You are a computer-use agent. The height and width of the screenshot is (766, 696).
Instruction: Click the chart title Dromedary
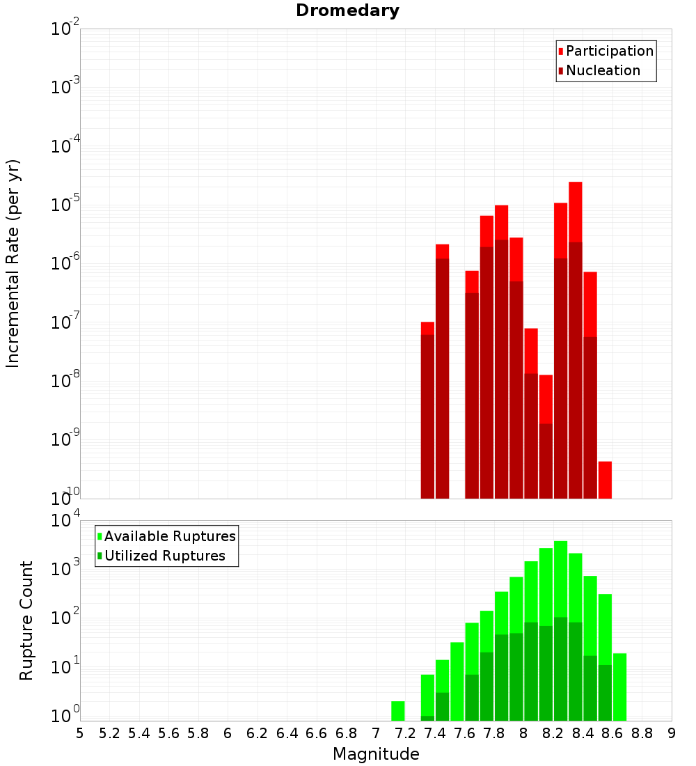(x=347, y=10)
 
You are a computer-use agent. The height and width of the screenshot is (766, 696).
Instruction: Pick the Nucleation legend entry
(x=602, y=70)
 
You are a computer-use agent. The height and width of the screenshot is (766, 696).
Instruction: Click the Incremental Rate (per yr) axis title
(x=13, y=264)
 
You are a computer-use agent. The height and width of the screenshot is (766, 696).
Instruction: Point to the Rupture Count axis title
(x=26, y=620)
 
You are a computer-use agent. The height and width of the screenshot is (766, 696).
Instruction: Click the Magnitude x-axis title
(x=376, y=754)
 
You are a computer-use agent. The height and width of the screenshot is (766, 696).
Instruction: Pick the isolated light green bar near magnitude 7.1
(x=398, y=710)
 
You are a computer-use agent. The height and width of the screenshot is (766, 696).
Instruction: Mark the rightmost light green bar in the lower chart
(x=619, y=686)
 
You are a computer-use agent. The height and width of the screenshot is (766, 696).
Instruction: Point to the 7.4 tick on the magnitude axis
(x=435, y=733)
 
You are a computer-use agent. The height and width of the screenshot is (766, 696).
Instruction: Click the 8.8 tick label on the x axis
(x=642, y=733)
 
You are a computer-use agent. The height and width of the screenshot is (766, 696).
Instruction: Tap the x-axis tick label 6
(x=228, y=733)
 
